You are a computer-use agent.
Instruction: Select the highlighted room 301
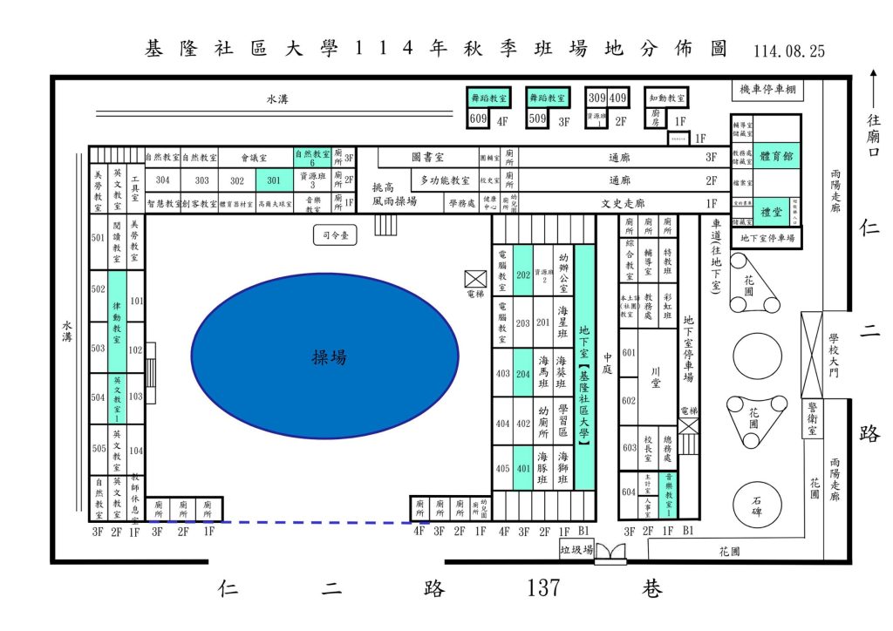pos(274,180)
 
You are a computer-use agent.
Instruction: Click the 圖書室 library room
pos(428,158)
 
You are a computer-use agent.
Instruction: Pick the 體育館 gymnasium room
pos(776,156)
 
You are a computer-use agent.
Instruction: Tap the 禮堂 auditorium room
pos(771,212)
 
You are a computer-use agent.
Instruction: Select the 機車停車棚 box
pos(766,90)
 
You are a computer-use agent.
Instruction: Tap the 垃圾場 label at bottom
pos(576,549)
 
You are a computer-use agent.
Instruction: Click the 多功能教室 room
pos(445,180)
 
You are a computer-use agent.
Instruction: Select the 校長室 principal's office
pos(648,450)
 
